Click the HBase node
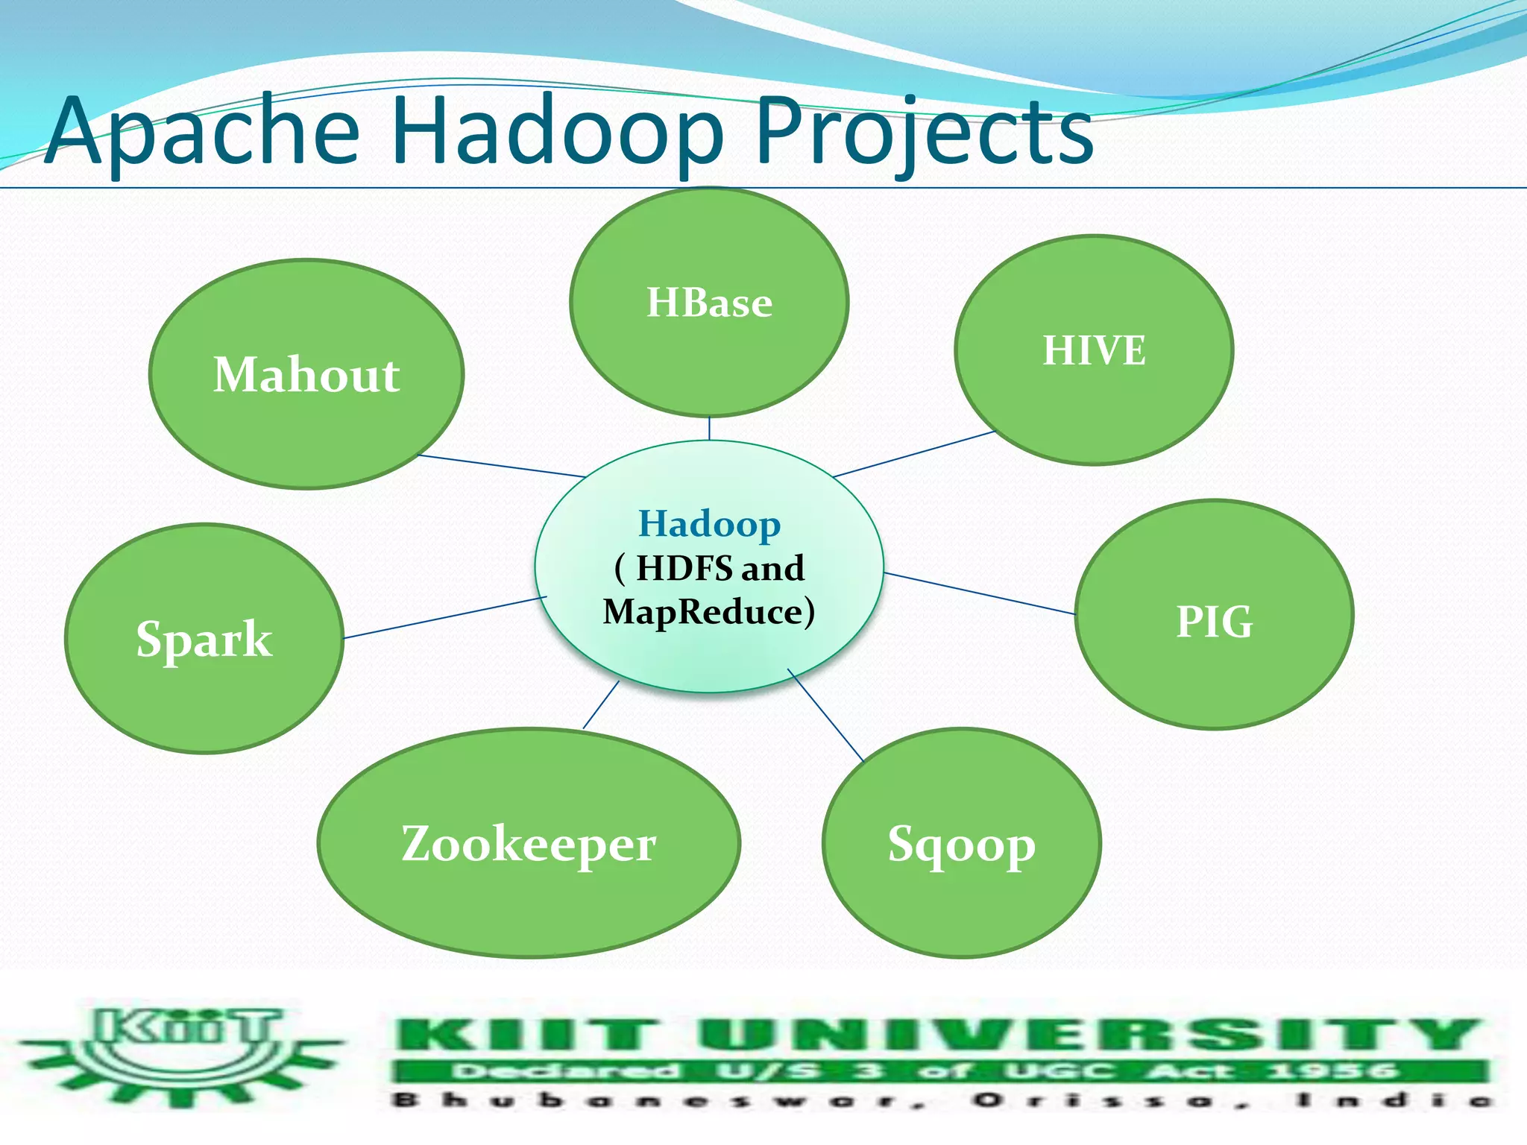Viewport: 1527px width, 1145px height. click(709, 302)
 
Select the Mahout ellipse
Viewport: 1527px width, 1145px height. click(306, 374)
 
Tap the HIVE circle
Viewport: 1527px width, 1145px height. click(1094, 350)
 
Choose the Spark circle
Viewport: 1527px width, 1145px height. click(204, 639)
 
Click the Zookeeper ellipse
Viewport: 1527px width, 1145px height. click(529, 843)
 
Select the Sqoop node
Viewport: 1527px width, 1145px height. click(962, 843)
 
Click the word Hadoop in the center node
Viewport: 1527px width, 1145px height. click(709, 523)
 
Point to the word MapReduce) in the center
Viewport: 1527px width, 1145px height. click(709, 612)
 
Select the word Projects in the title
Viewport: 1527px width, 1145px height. click(925, 133)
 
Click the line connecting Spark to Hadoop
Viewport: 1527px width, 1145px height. click(445, 617)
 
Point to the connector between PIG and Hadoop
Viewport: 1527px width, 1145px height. click(979, 593)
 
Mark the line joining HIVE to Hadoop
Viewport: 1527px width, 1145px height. click(914, 454)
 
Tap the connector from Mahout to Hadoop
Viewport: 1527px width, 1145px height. click(501, 466)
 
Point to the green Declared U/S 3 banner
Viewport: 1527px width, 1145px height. click(939, 1071)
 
